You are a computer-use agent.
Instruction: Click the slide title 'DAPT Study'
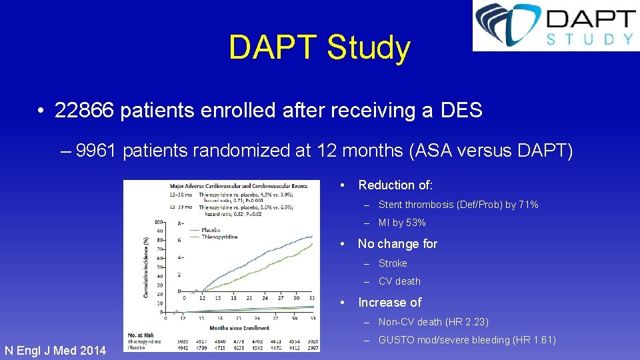click(319, 48)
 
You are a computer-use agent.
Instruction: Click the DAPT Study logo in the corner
click(555, 26)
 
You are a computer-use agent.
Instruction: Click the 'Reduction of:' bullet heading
click(395, 185)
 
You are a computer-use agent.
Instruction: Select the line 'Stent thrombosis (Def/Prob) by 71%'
click(458, 205)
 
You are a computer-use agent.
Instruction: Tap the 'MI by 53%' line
click(402, 223)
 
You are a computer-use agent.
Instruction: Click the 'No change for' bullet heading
click(397, 243)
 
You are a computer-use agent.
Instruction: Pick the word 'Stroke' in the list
click(393, 263)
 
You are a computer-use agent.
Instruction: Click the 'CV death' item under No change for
click(399, 281)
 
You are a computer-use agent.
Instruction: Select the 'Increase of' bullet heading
click(389, 303)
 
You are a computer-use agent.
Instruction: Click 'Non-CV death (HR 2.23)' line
click(433, 322)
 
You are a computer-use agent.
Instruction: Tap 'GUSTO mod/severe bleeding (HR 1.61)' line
click(467, 340)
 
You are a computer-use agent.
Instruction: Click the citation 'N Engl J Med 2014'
click(55, 350)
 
